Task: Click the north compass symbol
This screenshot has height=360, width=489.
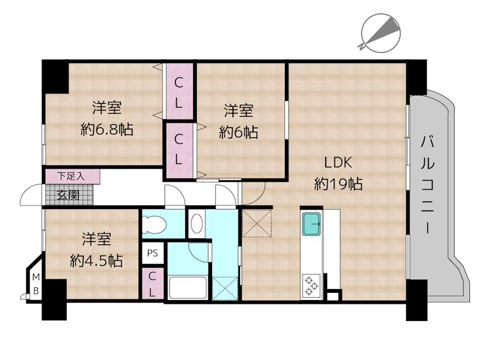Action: coord(380,33)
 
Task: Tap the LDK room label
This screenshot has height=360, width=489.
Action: coord(339,163)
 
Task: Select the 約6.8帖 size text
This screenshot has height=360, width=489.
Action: coord(107,129)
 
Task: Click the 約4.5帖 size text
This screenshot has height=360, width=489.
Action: coord(96,260)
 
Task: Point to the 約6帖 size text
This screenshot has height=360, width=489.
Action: coord(238,132)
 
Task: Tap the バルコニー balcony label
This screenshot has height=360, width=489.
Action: coord(427,185)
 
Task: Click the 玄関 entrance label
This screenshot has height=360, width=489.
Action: coord(68,196)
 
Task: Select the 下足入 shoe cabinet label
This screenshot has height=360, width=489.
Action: coord(71,176)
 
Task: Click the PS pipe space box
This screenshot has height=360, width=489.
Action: coord(152,253)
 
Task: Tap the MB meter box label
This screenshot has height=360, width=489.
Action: coord(36,284)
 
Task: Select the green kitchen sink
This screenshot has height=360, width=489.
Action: coord(312,224)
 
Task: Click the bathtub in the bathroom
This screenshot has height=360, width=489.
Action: coord(188,287)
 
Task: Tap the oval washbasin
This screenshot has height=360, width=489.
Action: coord(197,223)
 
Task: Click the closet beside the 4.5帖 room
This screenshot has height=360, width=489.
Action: coord(152,284)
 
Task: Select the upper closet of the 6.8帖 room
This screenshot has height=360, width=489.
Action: coord(178,91)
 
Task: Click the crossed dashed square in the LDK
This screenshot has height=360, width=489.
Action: coord(256,223)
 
